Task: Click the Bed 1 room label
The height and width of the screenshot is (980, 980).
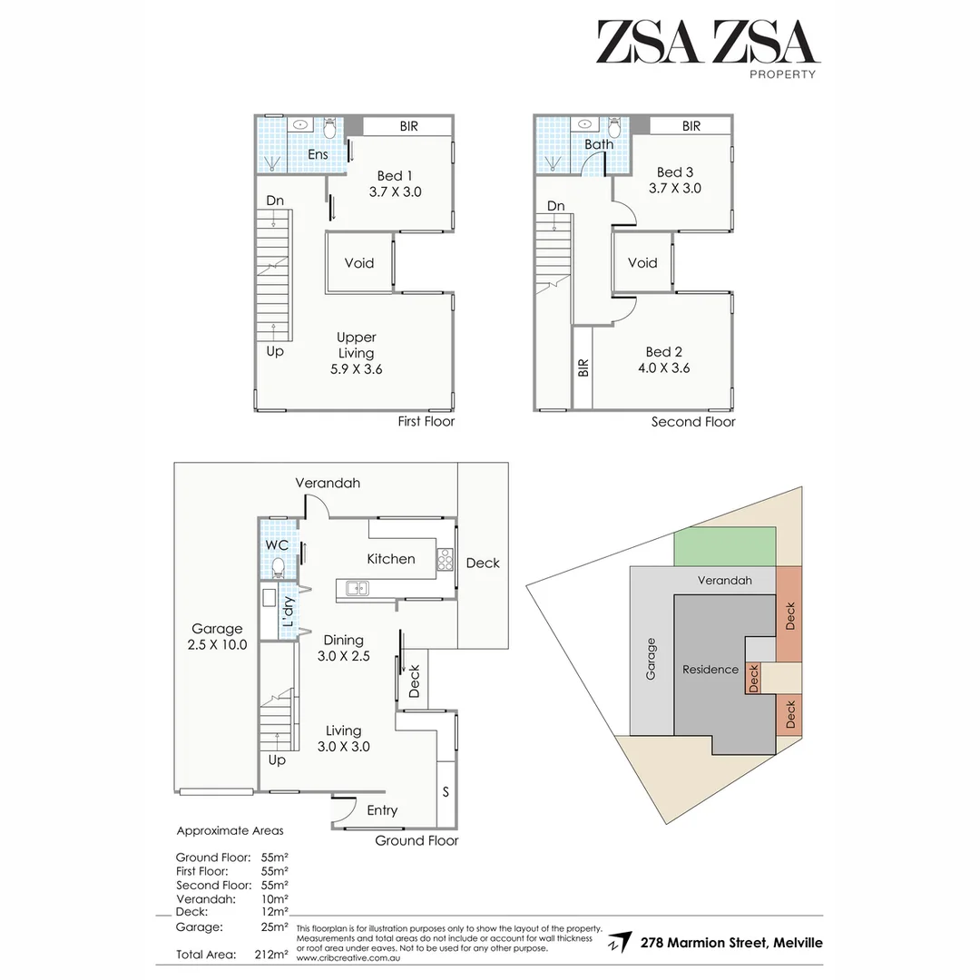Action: (396, 183)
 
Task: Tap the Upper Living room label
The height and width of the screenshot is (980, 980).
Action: (356, 353)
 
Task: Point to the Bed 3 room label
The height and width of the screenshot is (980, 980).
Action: (679, 180)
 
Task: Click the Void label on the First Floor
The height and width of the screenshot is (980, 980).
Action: (359, 263)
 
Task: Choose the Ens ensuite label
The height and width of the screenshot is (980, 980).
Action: (318, 154)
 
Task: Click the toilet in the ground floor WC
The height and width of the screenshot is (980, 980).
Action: (279, 568)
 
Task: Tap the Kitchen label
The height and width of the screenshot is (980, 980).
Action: (391, 559)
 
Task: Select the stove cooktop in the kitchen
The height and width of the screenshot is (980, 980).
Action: (445, 560)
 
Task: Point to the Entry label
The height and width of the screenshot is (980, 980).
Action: (382, 810)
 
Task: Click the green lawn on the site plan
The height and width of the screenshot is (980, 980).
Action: (725, 547)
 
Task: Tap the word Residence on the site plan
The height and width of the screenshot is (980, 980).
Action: (710, 670)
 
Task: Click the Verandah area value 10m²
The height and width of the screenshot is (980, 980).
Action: (274, 898)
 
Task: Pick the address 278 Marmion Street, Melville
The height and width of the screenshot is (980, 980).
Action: (731, 943)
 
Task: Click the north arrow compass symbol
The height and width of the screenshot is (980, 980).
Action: (620, 942)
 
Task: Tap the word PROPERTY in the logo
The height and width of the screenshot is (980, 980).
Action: (781, 74)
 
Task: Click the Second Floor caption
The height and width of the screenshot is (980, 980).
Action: (693, 422)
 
